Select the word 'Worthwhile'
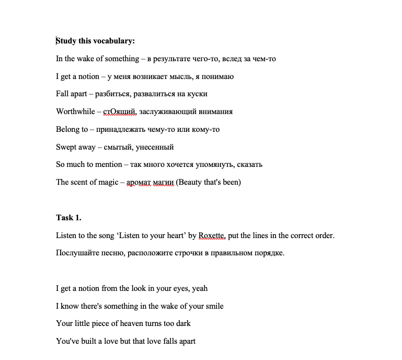pyautogui.click(x=75, y=111)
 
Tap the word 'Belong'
pyautogui.click(x=68, y=129)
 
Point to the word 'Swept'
pyautogui.click(x=66, y=147)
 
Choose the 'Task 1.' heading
pyautogui.click(x=68, y=218)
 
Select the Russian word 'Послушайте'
pyautogui.click(x=76, y=253)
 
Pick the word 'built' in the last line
pyautogui.click(x=85, y=341)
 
